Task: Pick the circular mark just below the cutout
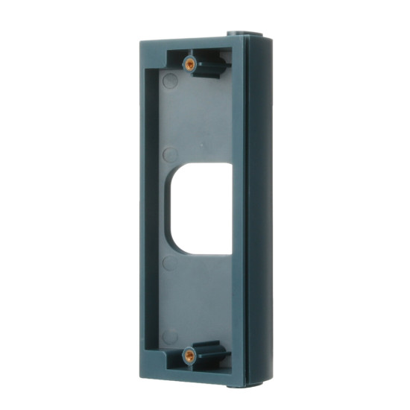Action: (170, 263)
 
